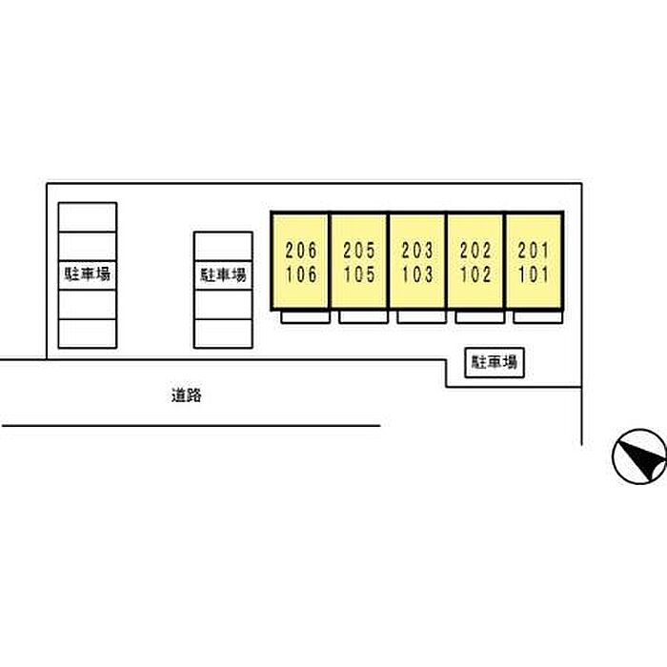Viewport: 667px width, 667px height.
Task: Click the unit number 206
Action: pos(301,250)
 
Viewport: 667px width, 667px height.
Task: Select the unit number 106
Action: pos(301,274)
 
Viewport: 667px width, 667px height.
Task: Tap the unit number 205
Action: pos(359,250)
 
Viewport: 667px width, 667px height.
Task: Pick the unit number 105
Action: pos(359,274)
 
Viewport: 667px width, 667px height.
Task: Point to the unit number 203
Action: pos(417,250)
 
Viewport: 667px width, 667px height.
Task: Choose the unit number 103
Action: pos(417,274)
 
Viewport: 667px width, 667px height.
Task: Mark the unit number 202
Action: pos(475,250)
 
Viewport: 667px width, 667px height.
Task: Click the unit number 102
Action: pos(475,274)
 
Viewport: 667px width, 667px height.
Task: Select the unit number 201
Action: pos(534,250)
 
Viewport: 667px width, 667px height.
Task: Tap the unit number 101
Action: pos(534,274)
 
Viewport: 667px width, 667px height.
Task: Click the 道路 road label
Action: pos(187,395)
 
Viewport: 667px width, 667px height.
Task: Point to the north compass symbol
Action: pos(639,456)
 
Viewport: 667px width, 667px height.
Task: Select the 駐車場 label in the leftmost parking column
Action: pos(88,274)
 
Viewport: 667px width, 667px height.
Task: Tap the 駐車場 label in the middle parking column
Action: pos(223,274)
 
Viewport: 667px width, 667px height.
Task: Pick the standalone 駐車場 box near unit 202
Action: pos(495,363)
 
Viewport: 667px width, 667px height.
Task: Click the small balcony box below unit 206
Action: pos(306,317)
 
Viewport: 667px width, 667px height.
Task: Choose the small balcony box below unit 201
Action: pos(538,317)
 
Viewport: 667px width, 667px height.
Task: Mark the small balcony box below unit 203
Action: pos(421,317)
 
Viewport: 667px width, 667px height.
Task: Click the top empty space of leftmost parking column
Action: pos(88,217)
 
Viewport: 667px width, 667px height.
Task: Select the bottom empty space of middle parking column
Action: pos(223,333)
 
